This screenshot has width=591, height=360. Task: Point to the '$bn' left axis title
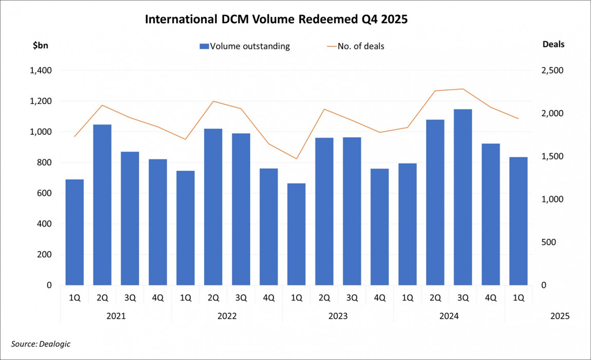click(41, 45)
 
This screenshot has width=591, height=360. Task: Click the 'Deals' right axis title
click(553, 44)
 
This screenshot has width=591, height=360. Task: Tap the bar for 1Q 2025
click(518, 221)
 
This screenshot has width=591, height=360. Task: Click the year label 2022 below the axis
click(227, 316)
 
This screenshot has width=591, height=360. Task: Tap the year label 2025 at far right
click(560, 316)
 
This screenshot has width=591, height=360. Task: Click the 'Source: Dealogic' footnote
click(41, 344)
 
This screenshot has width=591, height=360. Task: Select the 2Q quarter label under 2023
click(324, 297)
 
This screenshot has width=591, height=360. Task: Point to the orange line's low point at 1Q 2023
click(297, 158)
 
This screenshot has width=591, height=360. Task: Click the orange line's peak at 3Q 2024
click(463, 89)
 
